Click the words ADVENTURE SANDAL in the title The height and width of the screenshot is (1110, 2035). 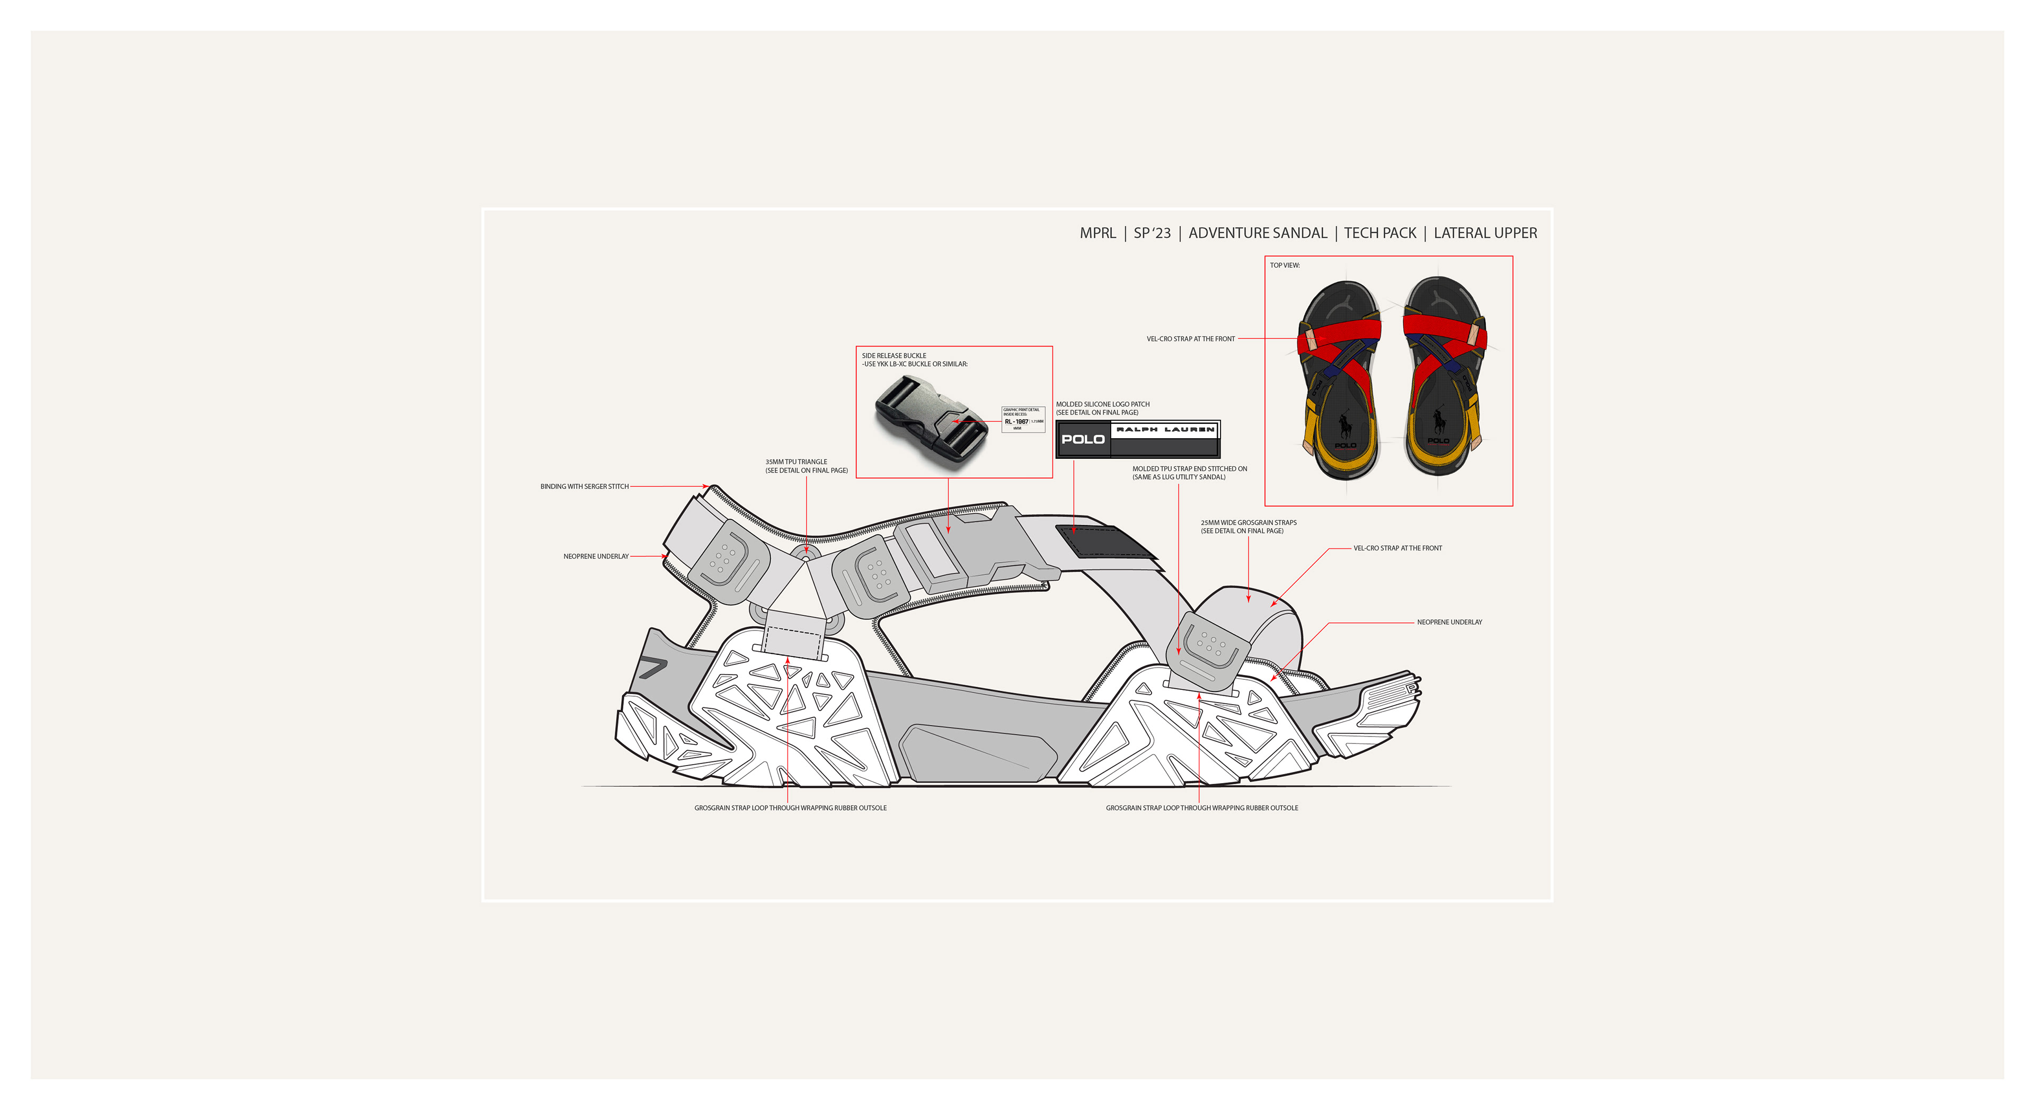(x=1258, y=233)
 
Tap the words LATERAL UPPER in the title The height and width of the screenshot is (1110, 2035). (x=1485, y=233)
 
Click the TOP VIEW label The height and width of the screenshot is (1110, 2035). (x=1285, y=265)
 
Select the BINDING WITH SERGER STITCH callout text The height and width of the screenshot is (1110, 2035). (x=584, y=487)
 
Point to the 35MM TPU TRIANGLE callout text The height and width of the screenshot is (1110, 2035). (x=806, y=466)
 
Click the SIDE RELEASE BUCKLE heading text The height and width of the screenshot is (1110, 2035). (x=893, y=356)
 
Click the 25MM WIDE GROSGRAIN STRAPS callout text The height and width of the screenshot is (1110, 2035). (x=1248, y=527)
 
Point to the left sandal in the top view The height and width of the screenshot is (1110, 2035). (x=1341, y=379)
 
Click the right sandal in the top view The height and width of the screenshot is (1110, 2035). (x=1443, y=376)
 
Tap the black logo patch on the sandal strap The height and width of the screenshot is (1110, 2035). (x=1106, y=541)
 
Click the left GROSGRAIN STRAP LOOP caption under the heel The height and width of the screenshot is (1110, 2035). (x=790, y=808)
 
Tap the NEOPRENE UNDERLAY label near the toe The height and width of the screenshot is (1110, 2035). (x=1449, y=623)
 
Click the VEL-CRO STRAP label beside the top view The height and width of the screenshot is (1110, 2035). (x=1190, y=339)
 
